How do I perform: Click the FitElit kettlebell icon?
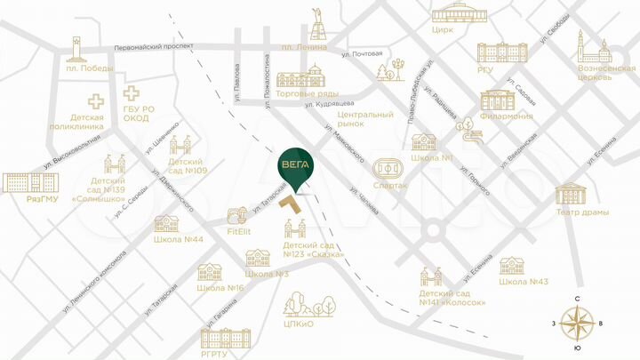click(237, 217)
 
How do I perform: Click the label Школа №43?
click(524, 282)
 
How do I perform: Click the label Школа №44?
click(179, 240)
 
